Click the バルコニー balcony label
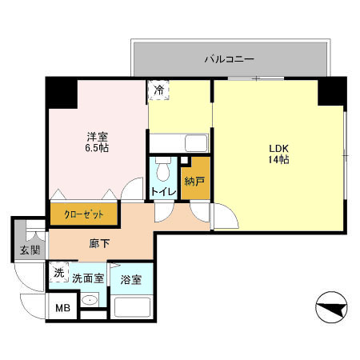click(229, 58)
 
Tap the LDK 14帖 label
click(278, 154)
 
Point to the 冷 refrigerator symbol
click(158, 90)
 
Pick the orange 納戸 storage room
click(194, 182)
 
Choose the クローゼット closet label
click(83, 214)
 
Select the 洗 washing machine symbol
click(58, 273)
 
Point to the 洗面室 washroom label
click(88, 279)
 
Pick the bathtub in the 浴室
click(133, 307)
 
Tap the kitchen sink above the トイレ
click(196, 144)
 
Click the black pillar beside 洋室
click(62, 94)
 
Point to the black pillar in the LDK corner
click(331, 92)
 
